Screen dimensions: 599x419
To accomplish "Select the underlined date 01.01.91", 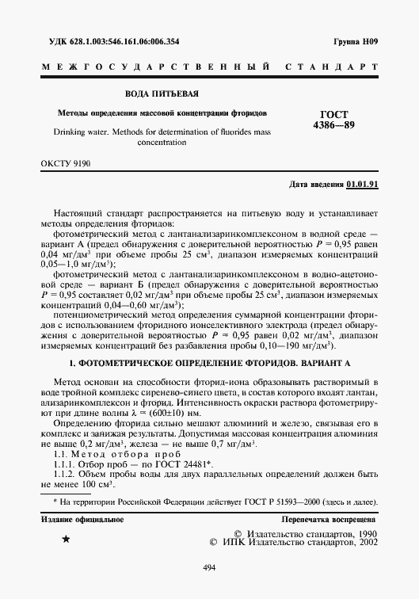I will [x=363, y=185].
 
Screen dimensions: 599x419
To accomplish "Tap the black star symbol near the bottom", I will [x=66, y=540].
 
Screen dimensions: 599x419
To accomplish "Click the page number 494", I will [x=209, y=567].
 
